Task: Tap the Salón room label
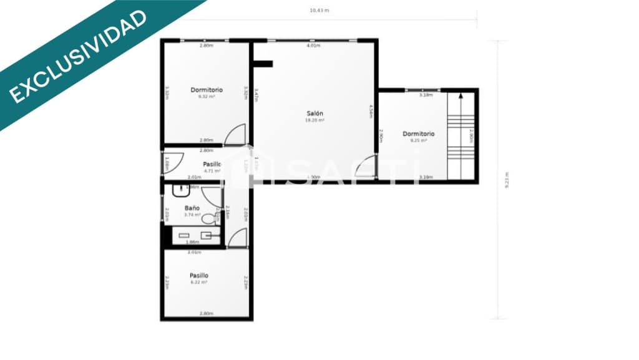click(x=315, y=113)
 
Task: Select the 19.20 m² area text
click(x=315, y=120)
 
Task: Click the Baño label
click(x=192, y=208)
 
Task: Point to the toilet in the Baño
click(x=210, y=218)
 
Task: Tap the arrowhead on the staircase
click(x=461, y=97)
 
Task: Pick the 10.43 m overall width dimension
click(x=319, y=10)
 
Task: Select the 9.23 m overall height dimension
click(x=506, y=180)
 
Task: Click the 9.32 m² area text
click(x=207, y=96)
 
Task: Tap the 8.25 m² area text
click(x=418, y=140)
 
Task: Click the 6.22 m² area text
click(x=199, y=282)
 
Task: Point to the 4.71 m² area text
click(x=212, y=170)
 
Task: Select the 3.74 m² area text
click(x=192, y=215)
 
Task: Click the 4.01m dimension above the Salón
click(x=313, y=46)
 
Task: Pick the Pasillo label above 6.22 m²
click(x=199, y=275)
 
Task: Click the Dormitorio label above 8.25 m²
click(x=418, y=134)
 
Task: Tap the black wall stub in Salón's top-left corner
click(x=263, y=63)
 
